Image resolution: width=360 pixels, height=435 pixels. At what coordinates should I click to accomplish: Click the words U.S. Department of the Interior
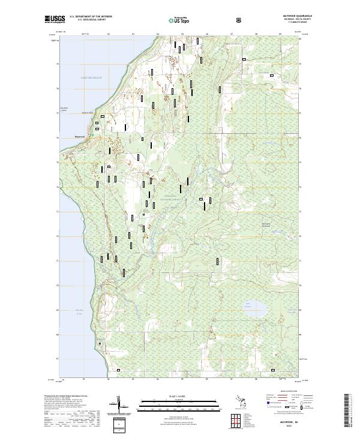coord(91,16)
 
